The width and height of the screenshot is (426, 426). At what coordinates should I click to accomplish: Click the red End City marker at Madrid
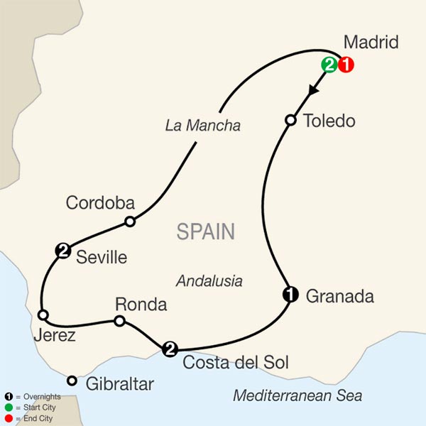coord(346,65)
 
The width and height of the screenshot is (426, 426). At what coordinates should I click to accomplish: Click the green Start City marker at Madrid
coord(330,65)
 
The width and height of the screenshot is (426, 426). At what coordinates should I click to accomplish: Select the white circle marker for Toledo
coord(290,120)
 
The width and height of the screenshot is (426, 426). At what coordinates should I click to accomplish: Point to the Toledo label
coord(329,121)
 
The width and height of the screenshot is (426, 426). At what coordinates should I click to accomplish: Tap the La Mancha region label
coord(202,126)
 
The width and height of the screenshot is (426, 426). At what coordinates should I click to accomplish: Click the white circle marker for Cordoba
coord(129,222)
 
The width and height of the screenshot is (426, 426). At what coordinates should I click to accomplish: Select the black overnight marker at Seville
coord(63,250)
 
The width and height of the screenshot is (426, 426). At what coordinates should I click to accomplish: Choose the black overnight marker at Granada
coord(290,293)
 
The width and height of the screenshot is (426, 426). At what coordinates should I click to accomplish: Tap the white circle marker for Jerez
coord(43,315)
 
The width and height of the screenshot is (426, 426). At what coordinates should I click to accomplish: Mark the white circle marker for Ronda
coord(120,322)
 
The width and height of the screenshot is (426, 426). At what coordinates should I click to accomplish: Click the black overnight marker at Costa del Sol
coord(170,348)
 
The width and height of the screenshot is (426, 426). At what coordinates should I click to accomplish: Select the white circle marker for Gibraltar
coord(72,381)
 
